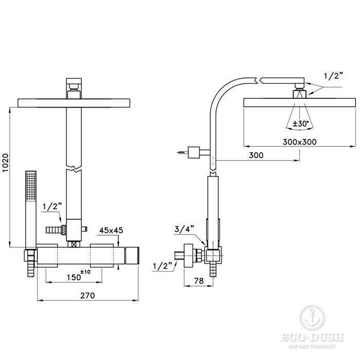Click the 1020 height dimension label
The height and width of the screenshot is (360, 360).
(5, 163)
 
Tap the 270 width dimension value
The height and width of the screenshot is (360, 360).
(87, 295)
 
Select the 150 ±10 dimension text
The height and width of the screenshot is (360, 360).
(79, 276)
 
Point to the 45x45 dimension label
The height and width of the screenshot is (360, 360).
(111, 230)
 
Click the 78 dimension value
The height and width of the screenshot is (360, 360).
(199, 281)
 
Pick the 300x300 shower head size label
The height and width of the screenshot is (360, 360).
(299, 142)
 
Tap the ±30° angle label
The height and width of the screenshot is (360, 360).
(300, 124)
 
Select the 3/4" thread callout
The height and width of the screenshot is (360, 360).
(184, 229)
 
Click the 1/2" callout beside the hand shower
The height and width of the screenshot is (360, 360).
(52, 207)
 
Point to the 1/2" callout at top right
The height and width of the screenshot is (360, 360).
(334, 76)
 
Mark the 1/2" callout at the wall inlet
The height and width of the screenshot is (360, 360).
(163, 266)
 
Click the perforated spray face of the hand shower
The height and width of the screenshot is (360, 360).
(31, 186)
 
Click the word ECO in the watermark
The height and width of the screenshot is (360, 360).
(292, 337)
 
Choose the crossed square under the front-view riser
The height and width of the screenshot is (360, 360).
(74, 244)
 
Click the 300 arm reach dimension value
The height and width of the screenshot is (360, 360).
(256, 155)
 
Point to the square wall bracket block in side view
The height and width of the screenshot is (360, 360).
(193, 152)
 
